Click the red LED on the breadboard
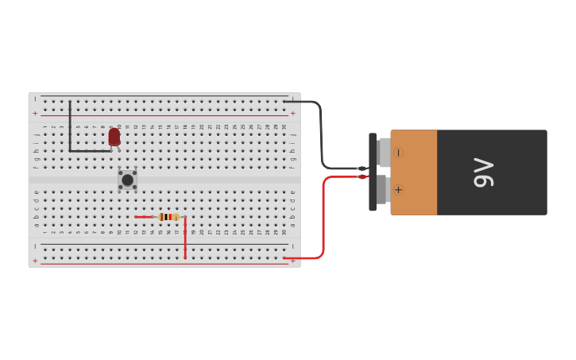114,137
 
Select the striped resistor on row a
168,216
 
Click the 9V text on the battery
483,172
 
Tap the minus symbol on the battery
398,153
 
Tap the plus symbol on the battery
398,190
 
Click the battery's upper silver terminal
385,152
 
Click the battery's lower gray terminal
381,190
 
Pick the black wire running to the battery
321,135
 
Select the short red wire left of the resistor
144,216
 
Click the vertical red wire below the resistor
185,237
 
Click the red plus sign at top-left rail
35,114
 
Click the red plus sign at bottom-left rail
35,261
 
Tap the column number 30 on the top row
284,127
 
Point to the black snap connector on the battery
373,172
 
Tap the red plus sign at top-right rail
293,114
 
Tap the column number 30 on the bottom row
284,231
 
